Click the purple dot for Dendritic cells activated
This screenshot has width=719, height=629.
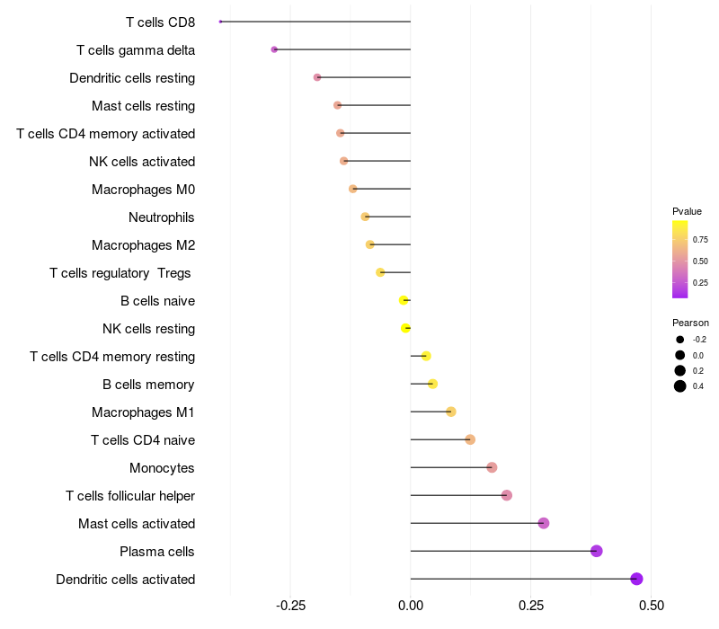pyautogui.click(x=636, y=579)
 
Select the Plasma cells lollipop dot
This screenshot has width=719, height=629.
pyautogui.click(x=596, y=551)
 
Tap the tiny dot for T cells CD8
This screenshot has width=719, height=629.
pyautogui.click(x=220, y=22)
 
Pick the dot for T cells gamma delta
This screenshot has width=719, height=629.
pyautogui.click(x=274, y=49)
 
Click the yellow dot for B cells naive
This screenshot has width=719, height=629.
pyautogui.click(x=404, y=300)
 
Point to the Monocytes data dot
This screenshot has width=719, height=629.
pyautogui.click(x=492, y=467)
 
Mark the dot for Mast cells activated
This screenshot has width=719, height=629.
pyautogui.click(x=544, y=523)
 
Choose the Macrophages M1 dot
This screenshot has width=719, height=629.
pyautogui.click(x=451, y=412)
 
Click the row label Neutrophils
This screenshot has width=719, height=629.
pyautogui.click(x=162, y=217)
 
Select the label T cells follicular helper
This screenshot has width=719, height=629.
pyautogui.click(x=130, y=496)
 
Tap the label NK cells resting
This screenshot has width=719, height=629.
pyautogui.click(x=148, y=329)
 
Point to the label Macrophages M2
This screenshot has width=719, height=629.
pyautogui.click(x=143, y=245)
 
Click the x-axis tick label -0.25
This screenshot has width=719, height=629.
pyautogui.click(x=290, y=606)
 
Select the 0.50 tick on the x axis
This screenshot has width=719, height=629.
pyautogui.click(x=651, y=606)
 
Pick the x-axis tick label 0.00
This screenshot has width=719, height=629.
pyautogui.click(x=411, y=606)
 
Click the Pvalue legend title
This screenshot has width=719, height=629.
pyautogui.click(x=687, y=211)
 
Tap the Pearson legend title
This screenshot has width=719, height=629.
pyautogui.click(x=690, y=323)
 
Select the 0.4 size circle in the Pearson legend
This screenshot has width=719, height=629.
pyautogui.click(x=680, y=386)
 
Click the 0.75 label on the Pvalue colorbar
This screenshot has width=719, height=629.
pyautogui.click(x=700, y=240)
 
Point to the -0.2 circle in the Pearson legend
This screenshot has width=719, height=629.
pyautogui.click(x=680, y=340)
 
